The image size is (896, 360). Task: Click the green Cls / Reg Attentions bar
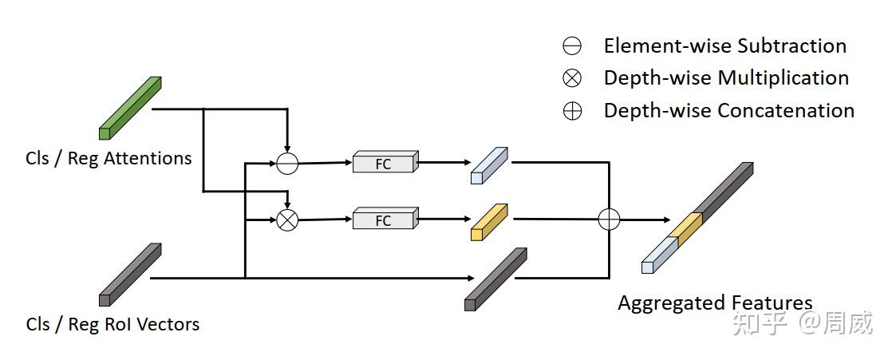pos(130,108)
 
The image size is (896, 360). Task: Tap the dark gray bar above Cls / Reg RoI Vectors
pos(130,275)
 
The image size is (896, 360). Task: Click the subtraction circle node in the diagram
pos(287,163)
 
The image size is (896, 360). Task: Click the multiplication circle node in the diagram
pos(287,220)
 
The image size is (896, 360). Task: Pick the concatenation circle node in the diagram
pos(609,219)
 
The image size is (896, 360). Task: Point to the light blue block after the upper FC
pos(489,165)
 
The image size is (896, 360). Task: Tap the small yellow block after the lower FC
pos(489,222)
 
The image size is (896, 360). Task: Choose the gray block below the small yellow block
pos(495,279)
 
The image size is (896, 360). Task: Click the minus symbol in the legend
pos(572,46)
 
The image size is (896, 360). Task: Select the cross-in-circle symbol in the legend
pos(572,78)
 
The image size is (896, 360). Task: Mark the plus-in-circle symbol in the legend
pos(572,111)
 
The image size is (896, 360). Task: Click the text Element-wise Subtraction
pos(724,46)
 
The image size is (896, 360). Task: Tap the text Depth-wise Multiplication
pos(726,78)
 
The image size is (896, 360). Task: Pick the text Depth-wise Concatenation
pos(728,111)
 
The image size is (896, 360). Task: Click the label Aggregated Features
pos(715,303)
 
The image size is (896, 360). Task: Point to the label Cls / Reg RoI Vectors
pos(112,324)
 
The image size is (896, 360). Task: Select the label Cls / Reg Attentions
pos(109,158)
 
